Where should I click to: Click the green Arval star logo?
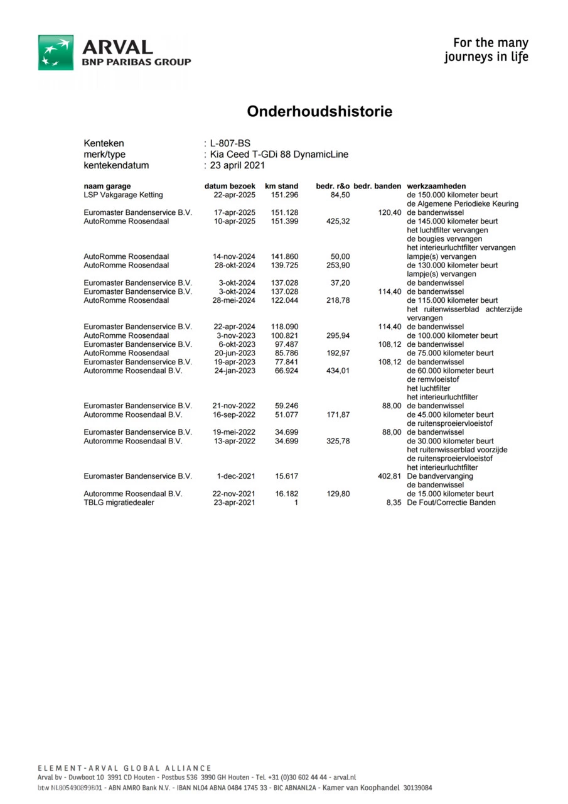[x=56, y=52]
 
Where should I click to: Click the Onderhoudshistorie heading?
[x=319, y=112]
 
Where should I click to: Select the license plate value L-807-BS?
[x=230, y=143]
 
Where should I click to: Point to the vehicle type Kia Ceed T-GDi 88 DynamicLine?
[x=279, y=155]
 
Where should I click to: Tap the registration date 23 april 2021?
[x=238, y=166]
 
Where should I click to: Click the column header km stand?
[x=281, y=187]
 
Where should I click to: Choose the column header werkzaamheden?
[x=436, y=187]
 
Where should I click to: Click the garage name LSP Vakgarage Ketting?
[x=123, y=195]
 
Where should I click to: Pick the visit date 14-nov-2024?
[x=234, y=257]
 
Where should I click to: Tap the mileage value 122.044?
[x=284, y=301]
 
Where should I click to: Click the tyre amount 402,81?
[x=389, y=477]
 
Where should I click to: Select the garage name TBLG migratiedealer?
[x=119, y=503]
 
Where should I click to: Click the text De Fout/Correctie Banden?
[x=451, y=503]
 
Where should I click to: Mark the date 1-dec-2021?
[x=235, y=477]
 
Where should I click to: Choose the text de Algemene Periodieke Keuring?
[x=463, y=204]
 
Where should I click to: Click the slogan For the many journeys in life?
[x=486, y=50]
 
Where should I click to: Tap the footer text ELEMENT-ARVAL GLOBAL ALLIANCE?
[x=124, y=768]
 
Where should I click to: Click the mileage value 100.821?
[x=284, y=336]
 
